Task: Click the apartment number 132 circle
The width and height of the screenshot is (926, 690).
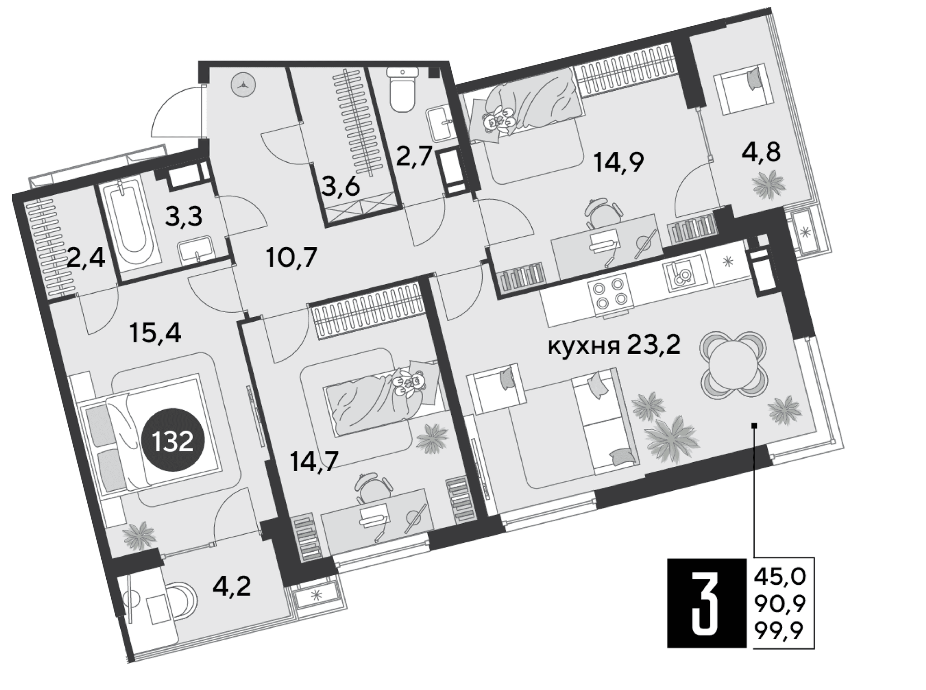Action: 173,441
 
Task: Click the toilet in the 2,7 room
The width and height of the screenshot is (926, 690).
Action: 402,89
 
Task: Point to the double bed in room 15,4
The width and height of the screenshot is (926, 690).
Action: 149,434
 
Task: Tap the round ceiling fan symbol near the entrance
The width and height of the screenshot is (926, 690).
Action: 243,84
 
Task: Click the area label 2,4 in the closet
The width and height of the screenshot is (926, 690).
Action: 86,259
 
